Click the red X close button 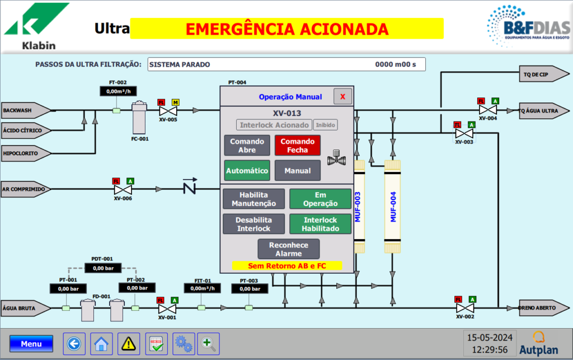pyautogui.click(x=342, y=96)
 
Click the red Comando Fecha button pyautogui.click(x=298, y=146)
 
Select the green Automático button pyautogui.click(x=247, y=171)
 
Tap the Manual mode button pyautogui.click(x=298, y=171)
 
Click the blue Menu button pyautogui.click(x=31, y=344)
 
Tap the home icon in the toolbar pyautogui.click(x=101, y=343)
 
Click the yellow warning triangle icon pyautogui.click(x=129, y=343)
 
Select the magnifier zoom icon pyautogui.click(x=209, y=343)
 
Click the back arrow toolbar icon pyautogui.click(x=73, y=343)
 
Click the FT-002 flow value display pyautogui.click(x=118, y=91)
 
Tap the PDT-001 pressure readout pyautogui.click(x=102, y=268)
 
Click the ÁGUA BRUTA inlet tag pyautogui.click(x=24, y=308)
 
